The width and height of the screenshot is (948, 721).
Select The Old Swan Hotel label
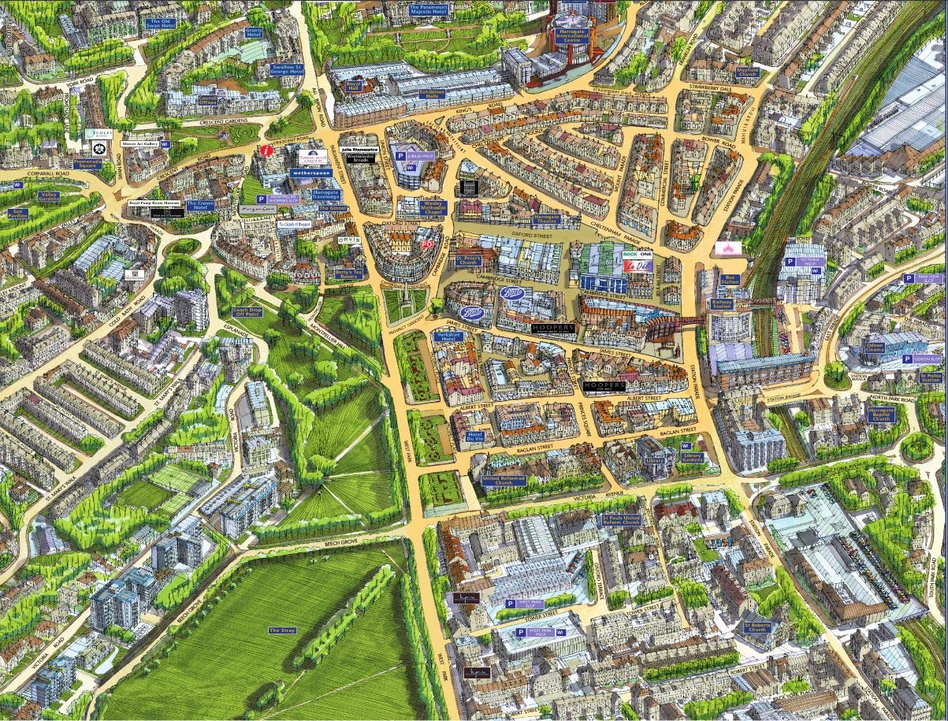click(x=158, y=24)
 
